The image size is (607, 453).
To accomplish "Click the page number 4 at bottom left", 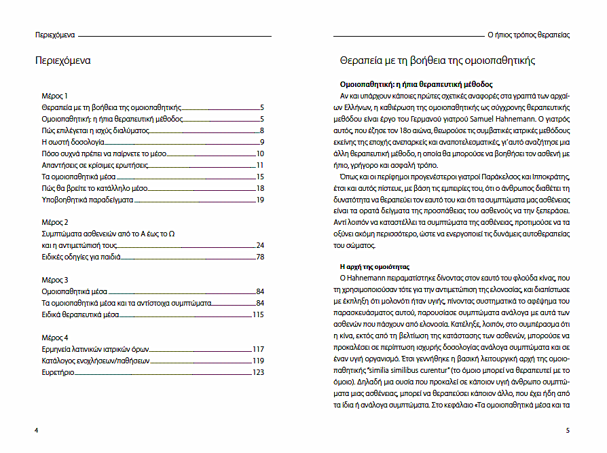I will point(36,430).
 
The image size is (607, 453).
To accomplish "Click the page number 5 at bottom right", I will point(567,430).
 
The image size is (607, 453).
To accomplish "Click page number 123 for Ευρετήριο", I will point(257,372).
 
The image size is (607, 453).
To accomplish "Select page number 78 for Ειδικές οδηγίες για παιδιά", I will point(259,257).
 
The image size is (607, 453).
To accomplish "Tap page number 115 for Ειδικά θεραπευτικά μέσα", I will point(257,315).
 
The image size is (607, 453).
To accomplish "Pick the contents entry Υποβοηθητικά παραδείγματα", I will point(86,200).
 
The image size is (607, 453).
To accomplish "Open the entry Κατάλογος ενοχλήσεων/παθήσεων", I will point(95,361).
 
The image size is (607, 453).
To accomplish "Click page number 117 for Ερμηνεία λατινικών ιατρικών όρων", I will point(257,349).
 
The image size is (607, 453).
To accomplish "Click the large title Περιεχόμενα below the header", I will point(63,60).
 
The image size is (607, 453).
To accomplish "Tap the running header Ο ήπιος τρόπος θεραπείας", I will point(528,34).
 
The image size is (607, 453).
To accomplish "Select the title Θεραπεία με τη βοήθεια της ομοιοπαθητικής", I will point(437,60).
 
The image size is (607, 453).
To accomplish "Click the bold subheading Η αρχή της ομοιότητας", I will point(380,266).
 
